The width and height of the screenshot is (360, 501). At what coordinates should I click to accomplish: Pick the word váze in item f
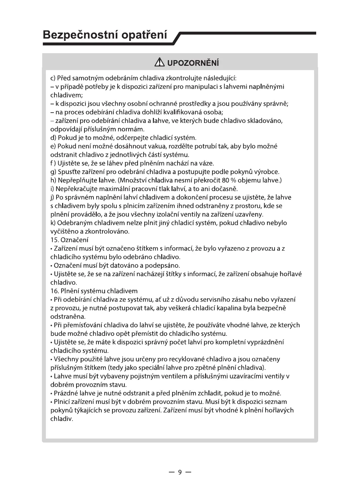pyautogui.click(x=206, y=163)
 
